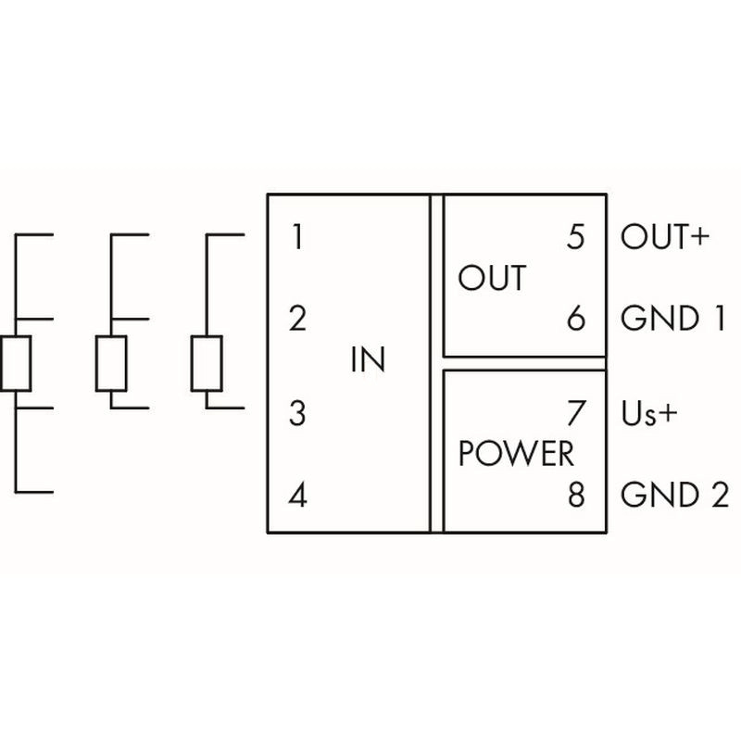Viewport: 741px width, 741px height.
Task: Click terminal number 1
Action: point(296,238)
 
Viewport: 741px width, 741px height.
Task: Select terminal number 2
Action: point(296,320)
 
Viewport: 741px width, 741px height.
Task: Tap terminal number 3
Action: point(296,413)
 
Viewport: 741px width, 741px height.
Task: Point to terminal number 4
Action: point(296,496)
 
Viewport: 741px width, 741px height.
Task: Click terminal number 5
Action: point(576,238)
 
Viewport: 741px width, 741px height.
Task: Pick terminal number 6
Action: point(576,320)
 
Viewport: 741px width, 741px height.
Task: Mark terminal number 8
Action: point(576,496)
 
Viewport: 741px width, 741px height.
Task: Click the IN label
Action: point(368,359)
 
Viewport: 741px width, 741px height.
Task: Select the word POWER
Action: point(517,454)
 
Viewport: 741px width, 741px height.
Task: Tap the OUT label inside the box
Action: point(492,278)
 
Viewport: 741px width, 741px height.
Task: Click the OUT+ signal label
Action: point(663,238)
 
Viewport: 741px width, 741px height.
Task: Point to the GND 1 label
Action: point(672,320)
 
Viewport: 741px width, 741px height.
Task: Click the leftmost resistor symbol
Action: point(17,363)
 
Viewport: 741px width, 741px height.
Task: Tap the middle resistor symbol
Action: point(111,363)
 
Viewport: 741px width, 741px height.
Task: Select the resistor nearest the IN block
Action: point(207,363)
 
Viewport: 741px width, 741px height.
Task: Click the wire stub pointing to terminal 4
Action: point(33,492)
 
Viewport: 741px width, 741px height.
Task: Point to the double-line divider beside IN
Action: point(436,363)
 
